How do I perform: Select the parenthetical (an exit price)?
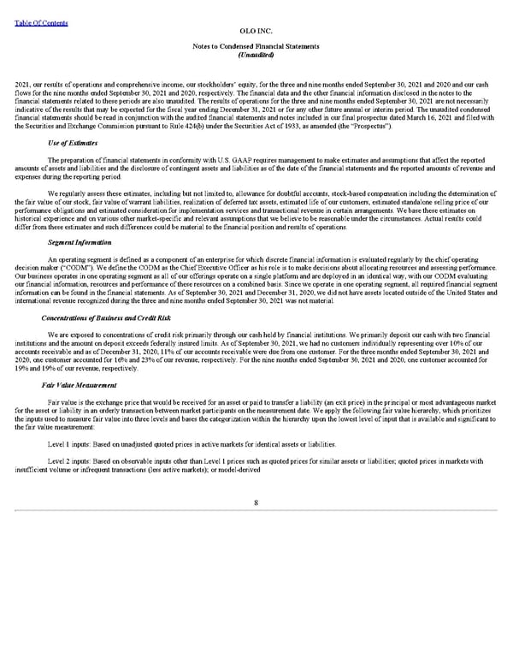click(x=343, y=400)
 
